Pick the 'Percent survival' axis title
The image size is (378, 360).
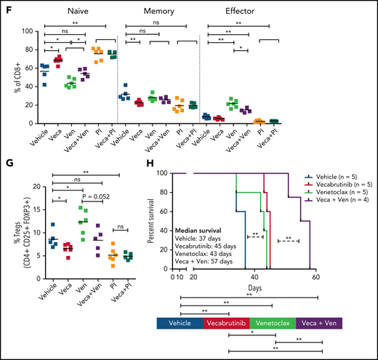(150, 223)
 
